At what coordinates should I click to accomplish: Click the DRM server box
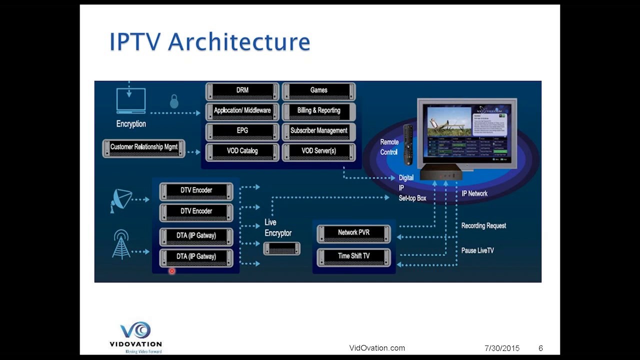point(242,91)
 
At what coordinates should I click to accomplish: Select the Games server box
point(319,91)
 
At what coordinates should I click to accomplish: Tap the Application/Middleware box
point(242,111)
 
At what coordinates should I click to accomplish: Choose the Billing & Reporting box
point(319,111)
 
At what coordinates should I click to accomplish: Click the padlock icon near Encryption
point(174,101)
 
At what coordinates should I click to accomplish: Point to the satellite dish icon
point(120,200)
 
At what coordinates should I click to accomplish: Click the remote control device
point(408,144)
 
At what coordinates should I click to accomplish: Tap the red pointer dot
point(172,271)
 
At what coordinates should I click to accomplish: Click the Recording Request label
point(483,226)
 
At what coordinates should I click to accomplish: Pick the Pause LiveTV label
point(477,250)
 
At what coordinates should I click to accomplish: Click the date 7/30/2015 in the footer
point(502,348)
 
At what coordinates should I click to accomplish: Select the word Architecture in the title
point(239,42)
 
